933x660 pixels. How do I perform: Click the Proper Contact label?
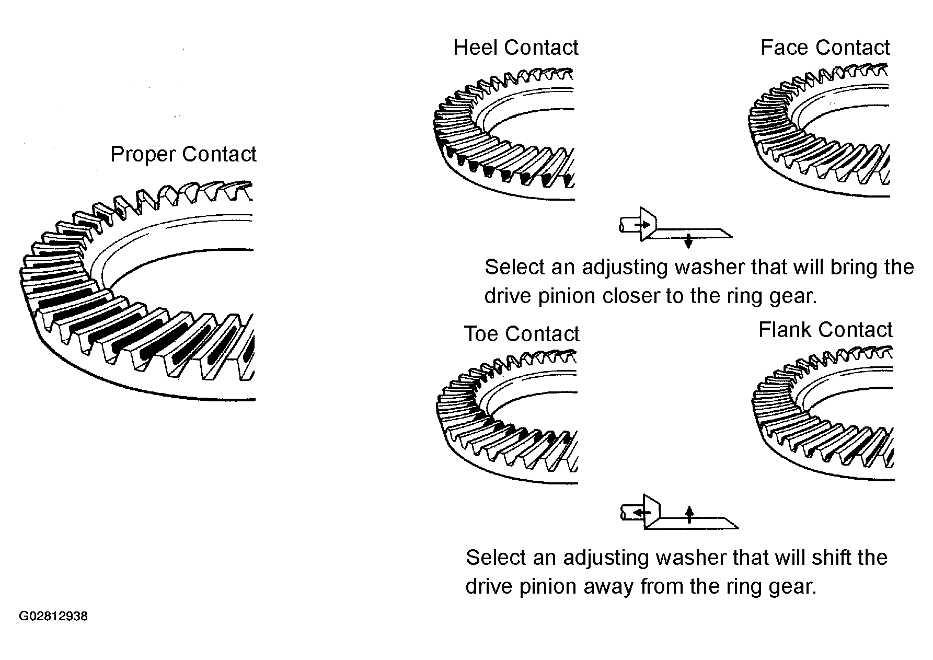coord(183,155)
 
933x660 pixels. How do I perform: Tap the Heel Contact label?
coord(516,48)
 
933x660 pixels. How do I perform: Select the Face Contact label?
coord(825,48)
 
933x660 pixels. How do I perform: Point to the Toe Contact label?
coord(522,334)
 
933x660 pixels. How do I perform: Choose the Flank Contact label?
coord(825,330)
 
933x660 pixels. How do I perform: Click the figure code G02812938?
coord(53,617)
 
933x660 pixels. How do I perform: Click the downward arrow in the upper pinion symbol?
coord(688,241)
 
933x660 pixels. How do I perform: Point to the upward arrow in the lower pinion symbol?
coord(689,514)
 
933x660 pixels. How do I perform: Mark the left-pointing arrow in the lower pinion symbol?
coord(638,514)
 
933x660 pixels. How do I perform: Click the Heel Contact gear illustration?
coord(504,134)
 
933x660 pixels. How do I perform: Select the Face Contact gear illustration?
coord(819,131)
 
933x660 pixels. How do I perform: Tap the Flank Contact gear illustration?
coord(823,413)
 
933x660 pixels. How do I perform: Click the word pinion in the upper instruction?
coord(569,296)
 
